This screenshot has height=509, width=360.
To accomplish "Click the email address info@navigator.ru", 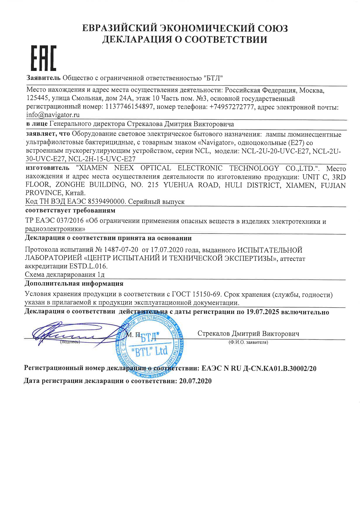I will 53,115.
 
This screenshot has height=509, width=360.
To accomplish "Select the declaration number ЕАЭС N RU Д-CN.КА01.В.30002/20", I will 259,368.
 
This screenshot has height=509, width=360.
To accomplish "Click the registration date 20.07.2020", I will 194,381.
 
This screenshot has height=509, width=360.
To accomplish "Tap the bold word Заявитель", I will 43,78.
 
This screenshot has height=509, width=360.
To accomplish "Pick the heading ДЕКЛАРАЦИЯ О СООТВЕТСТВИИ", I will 184,39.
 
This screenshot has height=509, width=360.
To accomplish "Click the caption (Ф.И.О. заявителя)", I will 248,342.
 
